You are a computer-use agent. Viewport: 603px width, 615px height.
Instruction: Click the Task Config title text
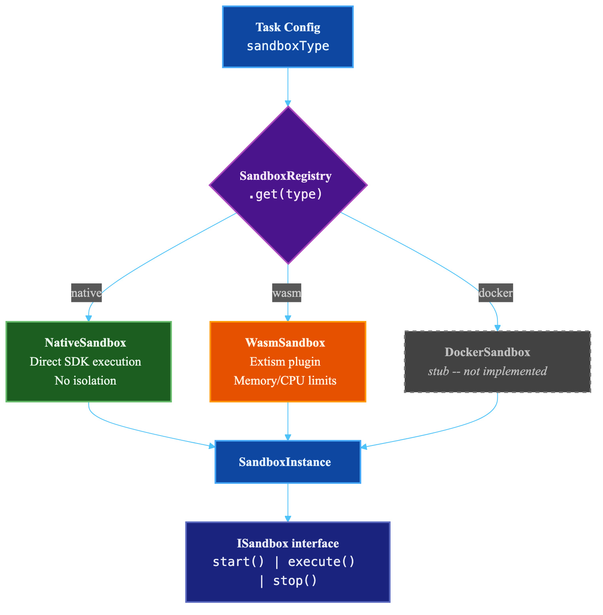(x=288, y=27)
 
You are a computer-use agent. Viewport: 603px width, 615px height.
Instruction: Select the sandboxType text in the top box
(x=288, y=46)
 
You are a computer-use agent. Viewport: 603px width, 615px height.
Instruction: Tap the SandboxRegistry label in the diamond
(x=285, y=176)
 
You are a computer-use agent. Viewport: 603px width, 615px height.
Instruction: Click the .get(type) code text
(x=285, y=194)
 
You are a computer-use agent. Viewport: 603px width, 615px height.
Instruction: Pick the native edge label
(x=86, y=293)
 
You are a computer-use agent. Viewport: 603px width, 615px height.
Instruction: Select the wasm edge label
(x=286, y=293)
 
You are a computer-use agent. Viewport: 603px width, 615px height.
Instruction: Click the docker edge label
(x=495, y=293)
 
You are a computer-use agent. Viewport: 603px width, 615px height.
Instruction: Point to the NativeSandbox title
(x=85, y=343)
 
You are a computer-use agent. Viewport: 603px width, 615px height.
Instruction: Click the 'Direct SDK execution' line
(x=85, y=362)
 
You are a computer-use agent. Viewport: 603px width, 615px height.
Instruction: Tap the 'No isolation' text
(x=85, y=381)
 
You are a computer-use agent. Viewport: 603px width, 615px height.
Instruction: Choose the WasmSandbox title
(x=285, y=343)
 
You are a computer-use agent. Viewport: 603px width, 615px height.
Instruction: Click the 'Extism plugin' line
(x=285, y=362)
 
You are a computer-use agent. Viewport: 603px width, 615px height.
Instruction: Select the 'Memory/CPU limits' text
(x=285, y=381)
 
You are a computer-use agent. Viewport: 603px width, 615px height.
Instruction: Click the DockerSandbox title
(x=487, y=352)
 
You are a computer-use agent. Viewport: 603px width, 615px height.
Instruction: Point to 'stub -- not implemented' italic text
(x=487, y=371)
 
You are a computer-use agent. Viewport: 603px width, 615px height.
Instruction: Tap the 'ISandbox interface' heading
(x=288, y=543)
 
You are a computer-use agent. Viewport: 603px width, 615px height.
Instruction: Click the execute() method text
(x=321, y=562)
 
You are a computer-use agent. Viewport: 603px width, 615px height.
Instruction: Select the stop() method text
(x=295, y=581)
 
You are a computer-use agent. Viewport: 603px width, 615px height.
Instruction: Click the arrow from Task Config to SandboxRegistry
(x=288, y=87)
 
